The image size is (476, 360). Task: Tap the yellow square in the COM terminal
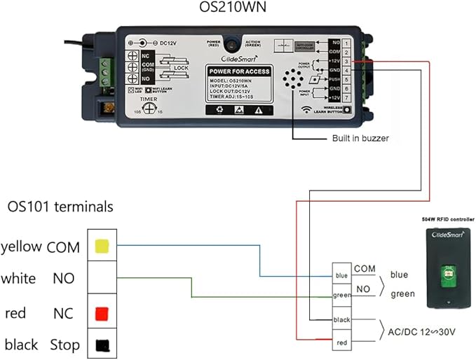(101, 246)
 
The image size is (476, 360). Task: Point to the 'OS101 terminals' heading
(60, 207)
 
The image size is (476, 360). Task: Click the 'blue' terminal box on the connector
(341, 275)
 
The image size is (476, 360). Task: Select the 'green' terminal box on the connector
(341, 296)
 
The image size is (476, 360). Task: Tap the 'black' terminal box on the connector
(341, 320)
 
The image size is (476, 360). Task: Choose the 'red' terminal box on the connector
(341, 342)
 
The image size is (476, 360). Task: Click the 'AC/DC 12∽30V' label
(419, 331)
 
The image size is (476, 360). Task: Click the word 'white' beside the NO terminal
(18, 279)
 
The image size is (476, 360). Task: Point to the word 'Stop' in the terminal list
(64, 345)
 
